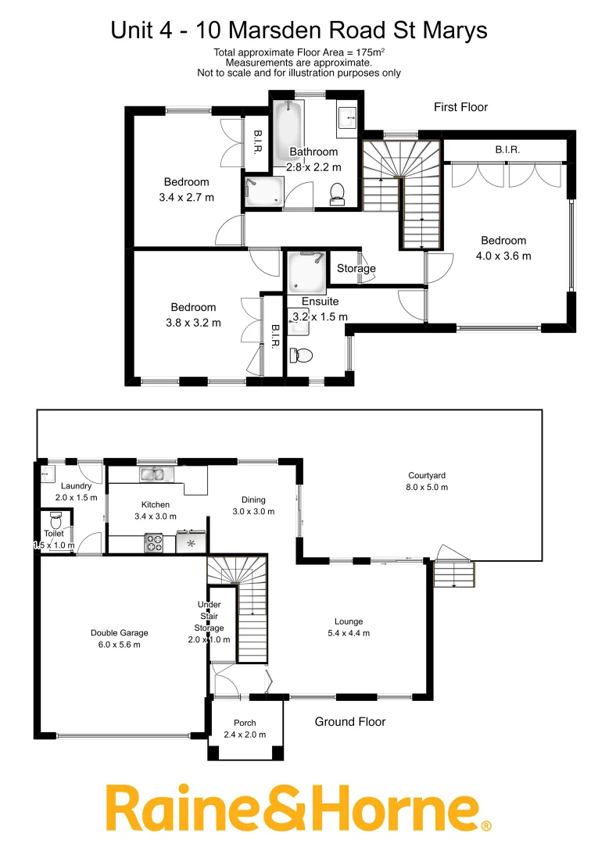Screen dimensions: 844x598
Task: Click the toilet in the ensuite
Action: pos(302,356)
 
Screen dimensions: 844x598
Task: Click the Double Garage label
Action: pos(119,633)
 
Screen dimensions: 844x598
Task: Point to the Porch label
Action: pos(245,723)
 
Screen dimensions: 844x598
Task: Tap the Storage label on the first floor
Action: pos(356,268)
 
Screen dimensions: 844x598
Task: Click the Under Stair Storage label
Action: pos(209,616)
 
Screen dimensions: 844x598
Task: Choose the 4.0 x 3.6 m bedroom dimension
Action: pos(503,256)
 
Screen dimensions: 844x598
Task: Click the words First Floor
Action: pos(460,107)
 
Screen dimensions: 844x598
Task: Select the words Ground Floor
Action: pos(349,722)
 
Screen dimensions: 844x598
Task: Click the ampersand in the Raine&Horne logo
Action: pos(270,810)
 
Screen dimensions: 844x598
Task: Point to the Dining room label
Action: pos(253,500)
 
